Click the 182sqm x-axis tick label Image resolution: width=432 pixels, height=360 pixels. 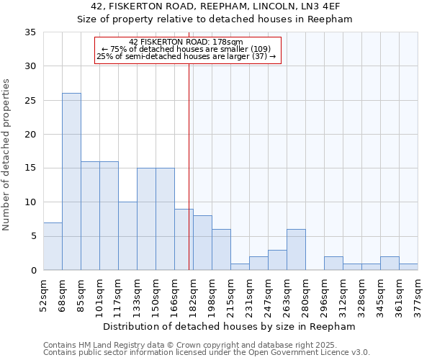pos(194,294)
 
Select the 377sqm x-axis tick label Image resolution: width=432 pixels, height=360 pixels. pos(418,294)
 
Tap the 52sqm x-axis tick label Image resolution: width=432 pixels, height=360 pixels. pos(44,294)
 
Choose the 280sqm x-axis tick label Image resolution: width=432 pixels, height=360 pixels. pos(306,294)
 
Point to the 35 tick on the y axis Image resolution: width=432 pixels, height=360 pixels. pos(30,32)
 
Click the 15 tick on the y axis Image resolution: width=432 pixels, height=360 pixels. pos(30,168)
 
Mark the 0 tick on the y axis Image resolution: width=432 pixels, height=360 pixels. pos(33,271)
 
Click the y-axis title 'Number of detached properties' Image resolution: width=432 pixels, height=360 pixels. pos(7,155)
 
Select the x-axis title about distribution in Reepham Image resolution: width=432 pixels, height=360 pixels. pos(229,326)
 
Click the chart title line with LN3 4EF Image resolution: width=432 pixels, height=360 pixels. pos(215,6)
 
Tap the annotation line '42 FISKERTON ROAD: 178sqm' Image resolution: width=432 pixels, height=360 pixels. pos(186,42)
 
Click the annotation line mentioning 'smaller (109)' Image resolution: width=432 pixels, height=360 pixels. pos(186,49)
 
